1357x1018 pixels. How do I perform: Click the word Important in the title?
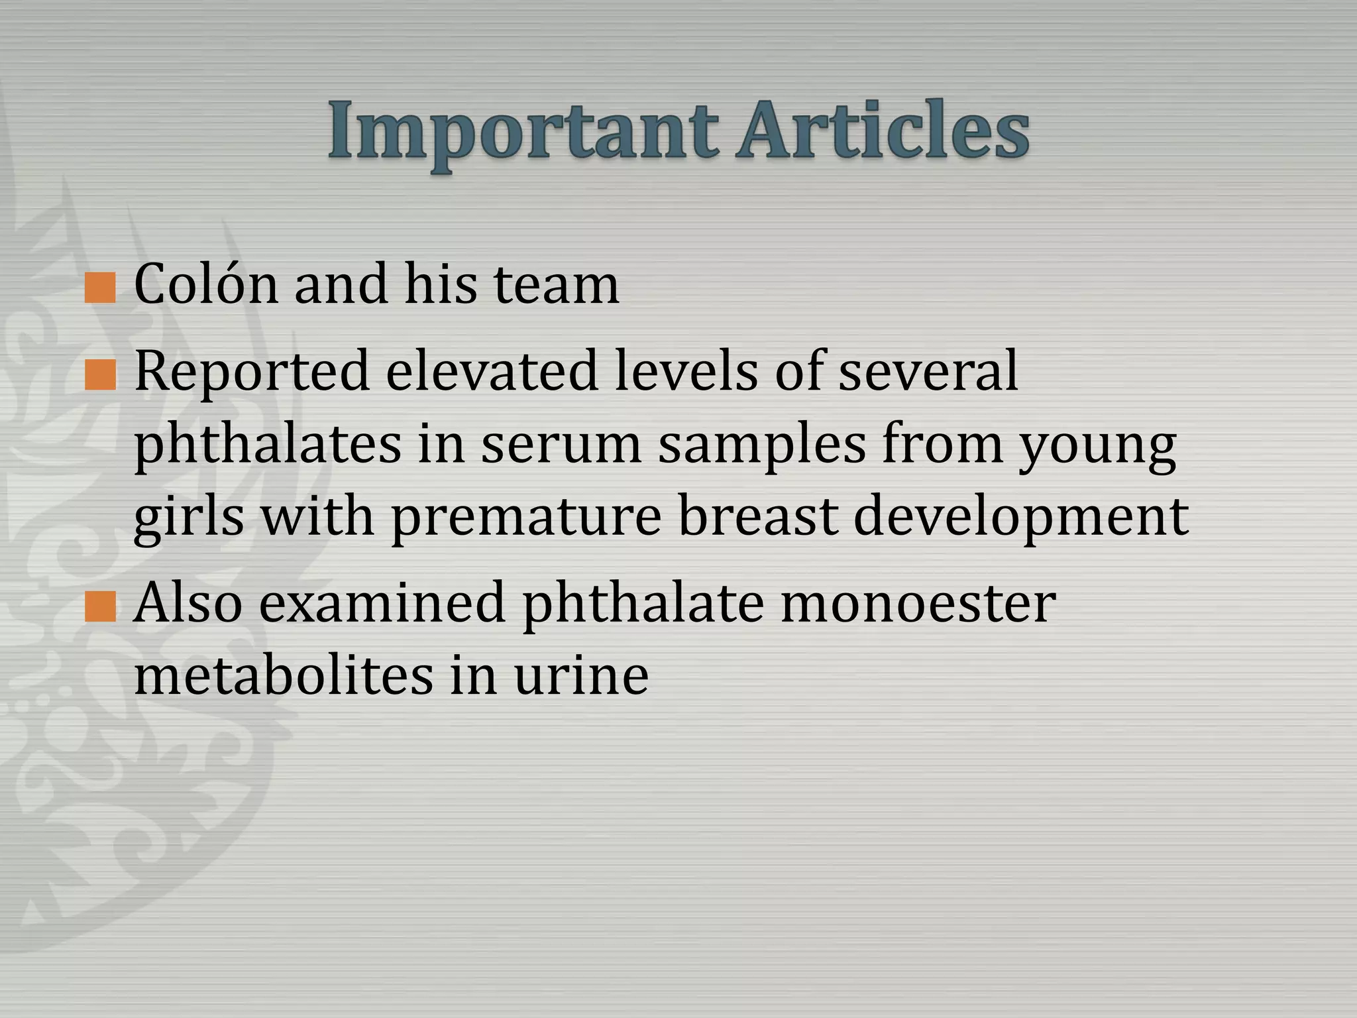pyautogui.click(x=523, y=133)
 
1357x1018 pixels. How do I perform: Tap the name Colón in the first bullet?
pyautogui.click(x=205, y=284)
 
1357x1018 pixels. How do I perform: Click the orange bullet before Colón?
pyautogui.click(x=101, y=288)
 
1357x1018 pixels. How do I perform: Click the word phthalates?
pyautogui.click(x=268, y=445)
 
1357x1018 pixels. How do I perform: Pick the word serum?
pyautogui.click(x=561, y=445)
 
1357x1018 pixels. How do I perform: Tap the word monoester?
pyautogui.click(x=918, y=603)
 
